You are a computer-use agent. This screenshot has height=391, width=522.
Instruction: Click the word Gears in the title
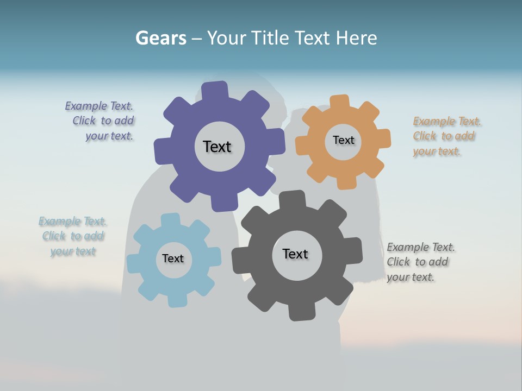161,38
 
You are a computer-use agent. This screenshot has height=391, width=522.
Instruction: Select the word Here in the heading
356,38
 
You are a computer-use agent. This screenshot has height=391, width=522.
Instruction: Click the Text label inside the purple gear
217,147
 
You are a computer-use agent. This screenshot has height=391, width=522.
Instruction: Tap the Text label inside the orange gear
343,140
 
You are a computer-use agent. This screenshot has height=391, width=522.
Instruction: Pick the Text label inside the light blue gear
173,258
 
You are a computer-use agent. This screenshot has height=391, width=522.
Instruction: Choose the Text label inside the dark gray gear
295,254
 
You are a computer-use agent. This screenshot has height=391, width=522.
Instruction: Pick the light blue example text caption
72,236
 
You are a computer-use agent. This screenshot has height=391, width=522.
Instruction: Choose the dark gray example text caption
420,262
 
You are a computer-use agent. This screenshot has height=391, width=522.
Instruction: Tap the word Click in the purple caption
85,121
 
